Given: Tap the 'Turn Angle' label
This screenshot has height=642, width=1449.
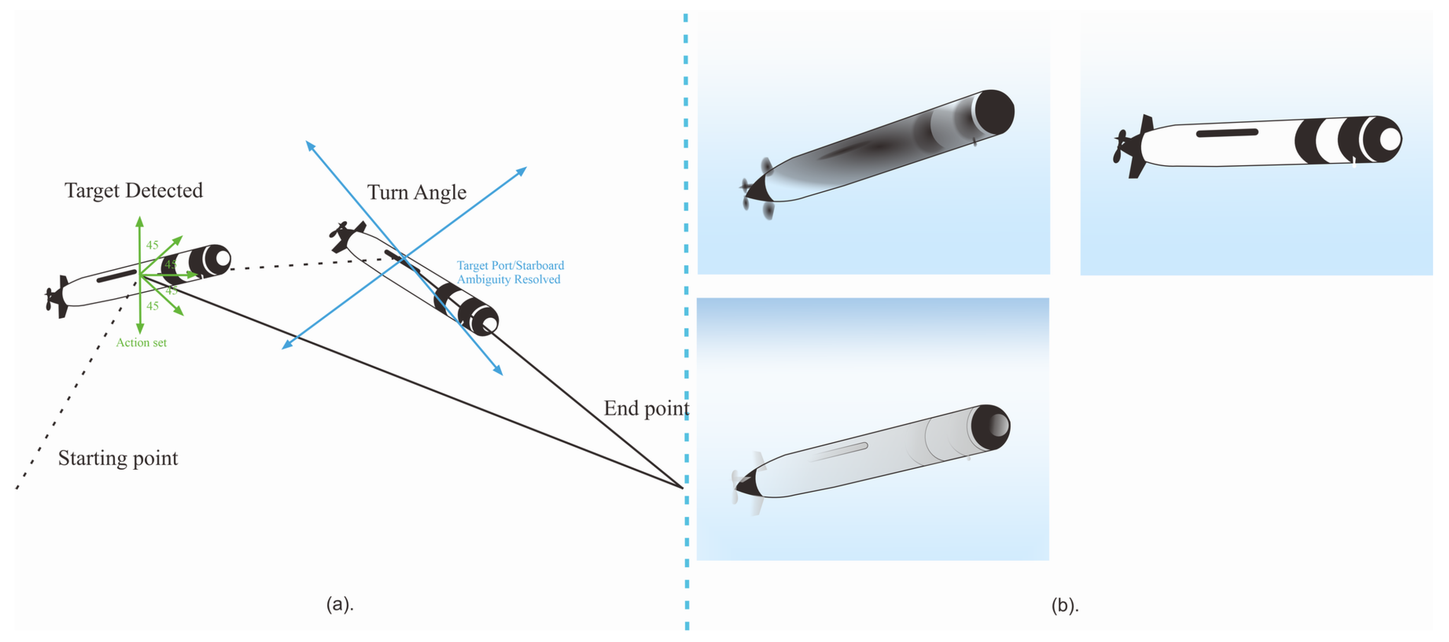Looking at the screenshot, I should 416,192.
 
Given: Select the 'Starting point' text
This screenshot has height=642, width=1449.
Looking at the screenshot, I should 118,458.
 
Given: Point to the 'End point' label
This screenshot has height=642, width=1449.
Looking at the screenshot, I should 646,408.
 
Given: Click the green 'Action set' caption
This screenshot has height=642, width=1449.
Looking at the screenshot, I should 141,343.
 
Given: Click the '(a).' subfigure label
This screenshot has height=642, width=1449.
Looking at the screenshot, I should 340,604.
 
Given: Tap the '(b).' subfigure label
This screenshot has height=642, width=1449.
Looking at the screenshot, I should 1065,606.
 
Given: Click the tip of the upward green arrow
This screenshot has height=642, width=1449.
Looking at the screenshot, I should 139,218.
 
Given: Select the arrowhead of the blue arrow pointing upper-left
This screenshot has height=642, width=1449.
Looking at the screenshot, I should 308,144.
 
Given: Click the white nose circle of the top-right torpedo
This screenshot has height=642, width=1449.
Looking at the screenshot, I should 1389,139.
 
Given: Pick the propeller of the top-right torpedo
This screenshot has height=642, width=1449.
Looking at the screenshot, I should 1119,147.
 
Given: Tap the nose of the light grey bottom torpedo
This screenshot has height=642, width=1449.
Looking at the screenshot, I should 990,426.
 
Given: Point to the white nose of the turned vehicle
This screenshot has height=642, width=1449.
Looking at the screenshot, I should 489,324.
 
